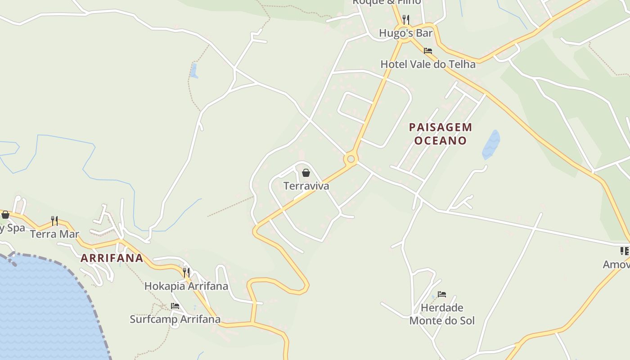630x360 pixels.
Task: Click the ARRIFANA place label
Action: tap(112, 258)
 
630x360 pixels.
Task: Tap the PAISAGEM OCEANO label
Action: tap(441, 134)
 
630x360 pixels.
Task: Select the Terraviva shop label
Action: tap(306, 186)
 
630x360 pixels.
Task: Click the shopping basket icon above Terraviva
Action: tap(306, 173)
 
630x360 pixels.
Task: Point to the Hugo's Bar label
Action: tap(405, 33)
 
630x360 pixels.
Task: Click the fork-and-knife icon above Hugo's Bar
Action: tap(405, 19)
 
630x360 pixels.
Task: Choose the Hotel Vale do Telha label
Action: tap(428, 64)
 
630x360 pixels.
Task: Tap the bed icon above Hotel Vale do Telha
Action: tap(428, 51)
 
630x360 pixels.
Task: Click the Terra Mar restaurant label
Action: tap(54, 234)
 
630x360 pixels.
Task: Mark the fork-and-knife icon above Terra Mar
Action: tap(54, 220)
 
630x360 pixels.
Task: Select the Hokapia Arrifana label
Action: tap(186, 286)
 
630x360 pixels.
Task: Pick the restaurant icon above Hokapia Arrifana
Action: tap(186, 272)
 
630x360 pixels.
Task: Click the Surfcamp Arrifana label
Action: tap(175, 319)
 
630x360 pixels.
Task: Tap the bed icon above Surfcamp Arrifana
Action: tap(175, 306)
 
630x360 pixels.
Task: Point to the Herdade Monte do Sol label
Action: tap(442, 314)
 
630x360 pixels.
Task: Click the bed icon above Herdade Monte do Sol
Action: tap(442, 294)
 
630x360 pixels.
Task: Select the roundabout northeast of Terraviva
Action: tap(351, 159)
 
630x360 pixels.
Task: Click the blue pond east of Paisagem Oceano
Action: tap(491, 145)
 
